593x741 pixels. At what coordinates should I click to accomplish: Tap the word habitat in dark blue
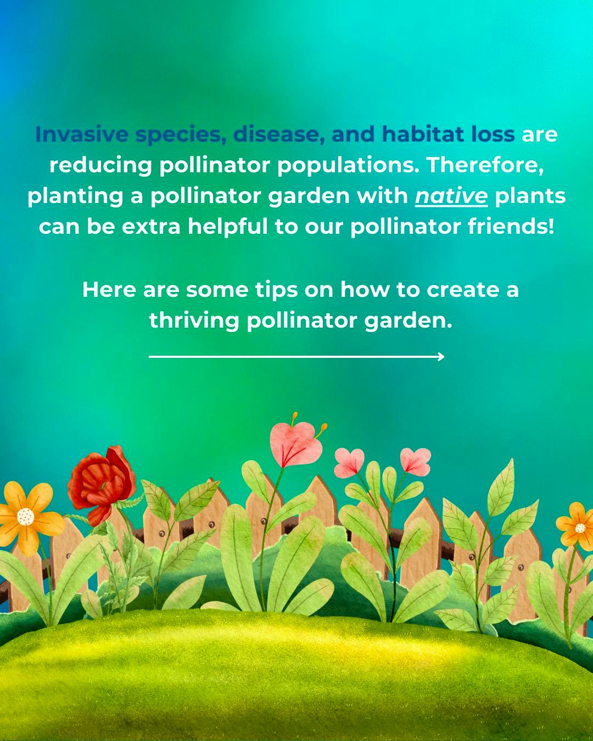[x=422, y=134]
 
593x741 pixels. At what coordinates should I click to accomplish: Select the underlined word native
[x=451, y=196]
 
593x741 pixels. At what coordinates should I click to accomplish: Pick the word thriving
[x=194, y=321]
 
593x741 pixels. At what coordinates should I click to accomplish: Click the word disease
[x=278, y=134]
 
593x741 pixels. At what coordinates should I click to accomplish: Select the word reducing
[x=100, y=165]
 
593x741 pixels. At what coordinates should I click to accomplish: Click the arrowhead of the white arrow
[x=441, y=357]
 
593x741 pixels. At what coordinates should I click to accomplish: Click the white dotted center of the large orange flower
[x=25, y=516]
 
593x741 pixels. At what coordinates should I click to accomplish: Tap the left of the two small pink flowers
[x=349, y=462]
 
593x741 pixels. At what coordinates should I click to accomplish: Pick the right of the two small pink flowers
[x=416, y=461]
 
